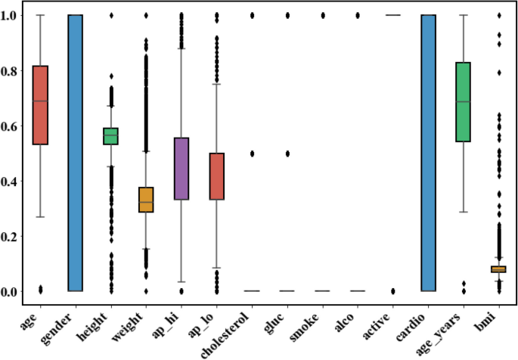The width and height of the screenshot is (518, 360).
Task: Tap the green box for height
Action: pyautogui.click(x=111, y=136)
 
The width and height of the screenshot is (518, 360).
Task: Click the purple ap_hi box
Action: pyautogui.click(x=181, y=169)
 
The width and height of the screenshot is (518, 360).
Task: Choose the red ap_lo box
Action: pyautogui.click(x=217, y=176)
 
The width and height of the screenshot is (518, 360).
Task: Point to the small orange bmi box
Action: pyautogui.click(x=498, y=269)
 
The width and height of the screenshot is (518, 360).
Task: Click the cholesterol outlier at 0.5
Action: pyautogui.click(x=252, y=154)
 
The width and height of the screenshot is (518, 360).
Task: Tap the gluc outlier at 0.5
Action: pyautogui.click(x=287, y=154)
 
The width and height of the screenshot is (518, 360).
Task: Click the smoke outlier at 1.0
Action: pyautogui.click(x=323, y=15)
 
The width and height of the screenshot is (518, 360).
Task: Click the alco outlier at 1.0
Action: pyautogui.click(x=358, y=15)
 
